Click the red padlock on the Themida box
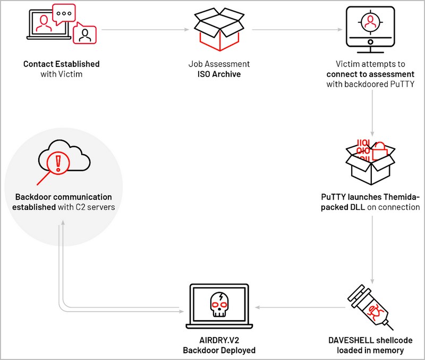click(x=381, y=151)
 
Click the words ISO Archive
click(x=216, y=74)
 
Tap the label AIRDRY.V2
click(x=219, y=340)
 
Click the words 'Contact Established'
click(x=61, y=64)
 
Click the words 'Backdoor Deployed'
click(x=219, y=350)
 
